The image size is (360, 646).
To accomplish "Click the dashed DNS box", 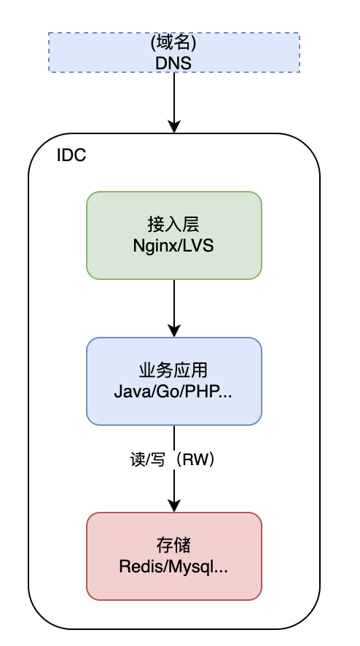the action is [x=174, y=52].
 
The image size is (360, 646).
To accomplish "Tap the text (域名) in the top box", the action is [x=173, y=43].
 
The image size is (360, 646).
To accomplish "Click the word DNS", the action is [x=173, y=63].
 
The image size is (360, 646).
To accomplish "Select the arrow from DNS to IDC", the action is [x=174, y=103].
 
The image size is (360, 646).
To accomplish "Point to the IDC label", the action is [x=71, y=155].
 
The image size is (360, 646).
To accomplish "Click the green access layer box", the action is [x=174, y=236].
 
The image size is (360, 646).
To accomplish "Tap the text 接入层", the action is [x=173, y=225].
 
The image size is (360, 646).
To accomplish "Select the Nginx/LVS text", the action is [x=173, y=246].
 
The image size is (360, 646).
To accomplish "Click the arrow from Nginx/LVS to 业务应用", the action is [x=174, y=308].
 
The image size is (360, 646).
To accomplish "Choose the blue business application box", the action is [x=174, y=381].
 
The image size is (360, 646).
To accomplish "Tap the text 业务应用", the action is [x=173, y=371].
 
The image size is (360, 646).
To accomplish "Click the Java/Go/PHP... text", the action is [x=173, y=392].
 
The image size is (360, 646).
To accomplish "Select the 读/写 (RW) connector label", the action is [x=173, y=460].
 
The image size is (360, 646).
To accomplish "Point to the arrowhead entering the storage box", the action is [x=174, y=505].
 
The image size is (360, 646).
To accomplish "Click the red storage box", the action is [x=174, y=556].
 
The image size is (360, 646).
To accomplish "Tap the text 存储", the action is [x=173, y=545].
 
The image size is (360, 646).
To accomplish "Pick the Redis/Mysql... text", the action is [x=173, y=567].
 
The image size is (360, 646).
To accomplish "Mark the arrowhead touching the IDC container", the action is [x=174, y=126].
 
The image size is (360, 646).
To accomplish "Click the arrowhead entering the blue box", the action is [x=174, y=330].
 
